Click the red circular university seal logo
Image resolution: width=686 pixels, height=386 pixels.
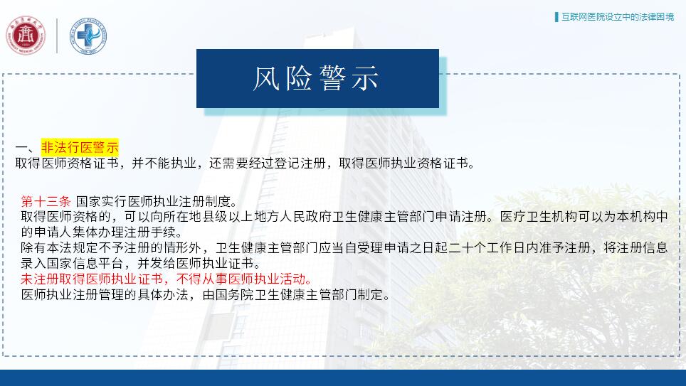[26, 36]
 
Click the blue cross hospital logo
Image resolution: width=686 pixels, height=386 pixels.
[88, 36]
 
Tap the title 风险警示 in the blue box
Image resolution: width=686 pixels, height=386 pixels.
[316, 79]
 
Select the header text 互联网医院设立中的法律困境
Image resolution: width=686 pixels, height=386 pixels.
[618, 17]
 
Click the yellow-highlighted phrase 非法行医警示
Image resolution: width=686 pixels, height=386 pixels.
[80, 147]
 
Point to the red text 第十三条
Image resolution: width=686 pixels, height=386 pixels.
[46, 201]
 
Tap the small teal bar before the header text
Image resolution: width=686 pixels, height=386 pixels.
[556, 17]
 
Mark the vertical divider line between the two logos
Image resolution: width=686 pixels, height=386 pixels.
[58, 36]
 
